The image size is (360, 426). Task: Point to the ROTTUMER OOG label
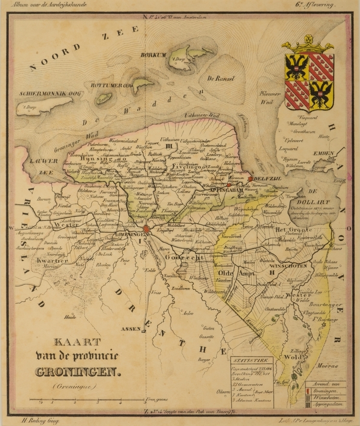[x=112, y=85]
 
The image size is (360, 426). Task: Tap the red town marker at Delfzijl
[x=251, y=179]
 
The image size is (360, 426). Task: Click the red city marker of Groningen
[x=147, y=229]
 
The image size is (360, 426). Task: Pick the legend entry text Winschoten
[x=328, y=397]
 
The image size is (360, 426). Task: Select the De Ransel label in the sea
[x=218, y=78]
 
